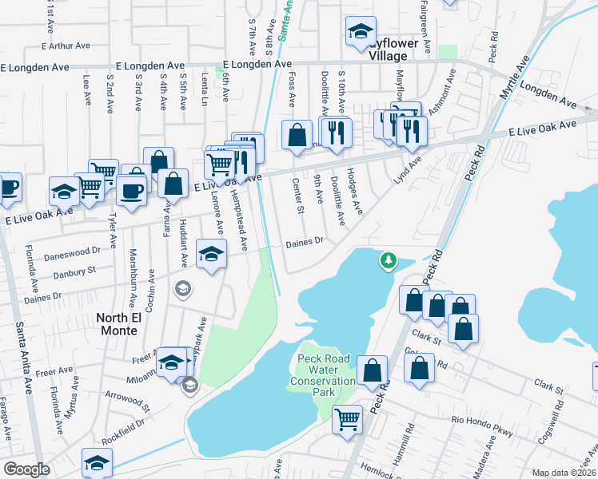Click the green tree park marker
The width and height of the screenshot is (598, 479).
click(x=388, y=260)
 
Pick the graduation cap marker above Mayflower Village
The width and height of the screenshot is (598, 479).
click(x=361, y=32)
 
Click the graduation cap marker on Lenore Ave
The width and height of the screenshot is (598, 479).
click(x=211, y=255)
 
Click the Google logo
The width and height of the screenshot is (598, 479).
click(x=26, y=469)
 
